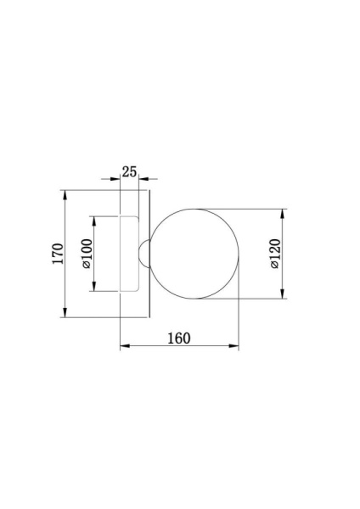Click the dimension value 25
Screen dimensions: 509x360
click(x=129, y=171)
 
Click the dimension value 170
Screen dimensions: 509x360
click(x=57, y=254)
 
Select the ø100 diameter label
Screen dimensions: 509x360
click(x=86, y=254)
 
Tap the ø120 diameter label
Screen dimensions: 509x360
click(x=274, y=254)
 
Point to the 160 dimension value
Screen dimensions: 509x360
click(x=178, y=338)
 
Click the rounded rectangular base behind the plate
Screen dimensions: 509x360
click(x=129, y=254)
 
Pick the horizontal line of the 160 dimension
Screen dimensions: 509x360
click(x=178, y=347)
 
